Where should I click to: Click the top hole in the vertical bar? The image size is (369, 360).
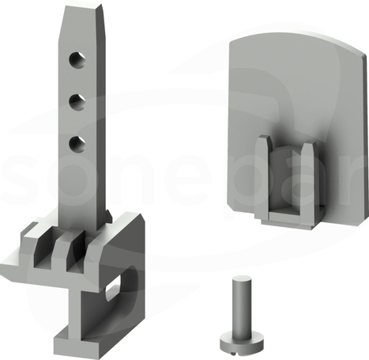(77, 60)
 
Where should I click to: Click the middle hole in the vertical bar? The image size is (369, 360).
(77, 102)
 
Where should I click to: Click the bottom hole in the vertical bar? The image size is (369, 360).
(77, 144)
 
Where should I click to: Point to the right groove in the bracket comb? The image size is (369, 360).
(76, 252)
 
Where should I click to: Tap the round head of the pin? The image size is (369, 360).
(242, 343)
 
